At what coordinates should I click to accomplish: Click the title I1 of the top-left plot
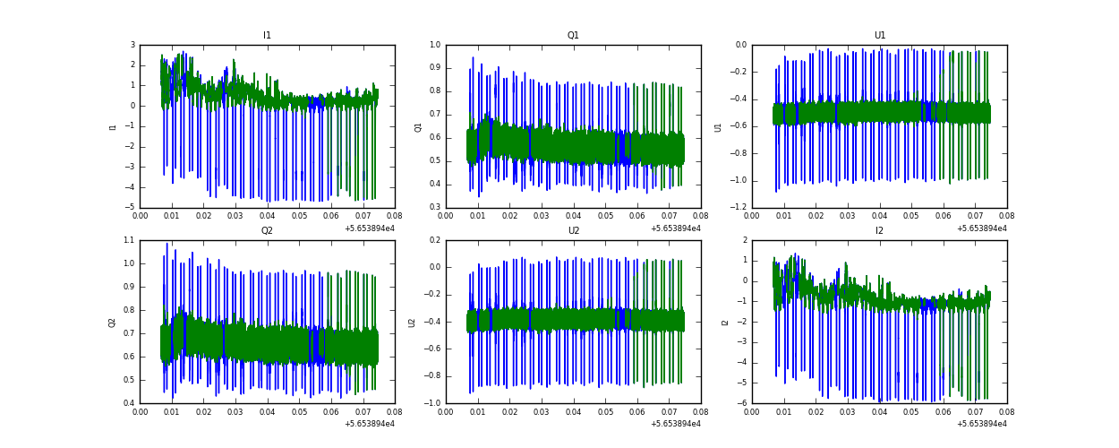point(267,36)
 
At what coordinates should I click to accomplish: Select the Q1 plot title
point(573,36)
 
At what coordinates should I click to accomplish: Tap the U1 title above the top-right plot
point(879,36)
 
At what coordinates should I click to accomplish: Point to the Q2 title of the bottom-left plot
point(267,231)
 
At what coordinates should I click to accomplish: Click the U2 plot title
point(573,231)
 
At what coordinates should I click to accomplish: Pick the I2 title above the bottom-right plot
point(879,231)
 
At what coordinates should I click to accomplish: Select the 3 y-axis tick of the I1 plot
point(132,45)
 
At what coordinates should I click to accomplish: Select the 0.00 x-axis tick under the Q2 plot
point(141,412)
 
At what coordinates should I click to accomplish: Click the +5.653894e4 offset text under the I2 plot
point(981,424)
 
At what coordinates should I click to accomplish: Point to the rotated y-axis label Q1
point(418,126)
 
